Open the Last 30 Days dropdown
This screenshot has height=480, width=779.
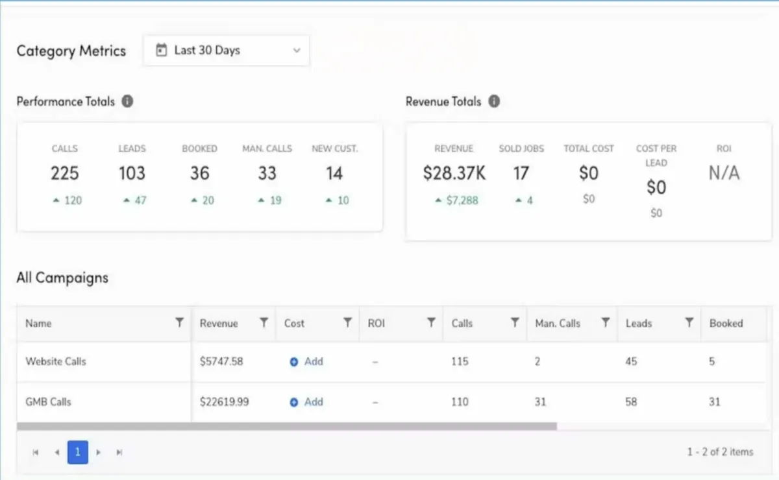coord(226,51)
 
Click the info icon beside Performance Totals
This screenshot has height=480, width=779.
coord(128,101)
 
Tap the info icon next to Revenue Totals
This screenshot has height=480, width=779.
coord(494,101)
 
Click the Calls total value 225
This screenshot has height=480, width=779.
coord(65,173)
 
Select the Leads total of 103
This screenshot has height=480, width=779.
coord(132,173)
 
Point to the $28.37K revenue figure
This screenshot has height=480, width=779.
coord(454,173)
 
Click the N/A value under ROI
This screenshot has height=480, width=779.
coord(724,173)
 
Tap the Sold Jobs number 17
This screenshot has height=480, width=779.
coord(521,173)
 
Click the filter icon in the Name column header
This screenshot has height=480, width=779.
coord(179,322)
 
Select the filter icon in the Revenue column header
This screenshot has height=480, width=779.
coord(264,322)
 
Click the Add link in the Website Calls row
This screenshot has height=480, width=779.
coord(306,361)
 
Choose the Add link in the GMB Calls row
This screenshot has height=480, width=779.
coord(306,402)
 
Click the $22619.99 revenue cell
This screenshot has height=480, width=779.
coord(225,402)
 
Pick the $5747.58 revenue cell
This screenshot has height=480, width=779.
coord(221,361)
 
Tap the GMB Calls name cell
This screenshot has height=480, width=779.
coord(48,402)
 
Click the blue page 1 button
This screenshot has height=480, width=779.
coord(77,451)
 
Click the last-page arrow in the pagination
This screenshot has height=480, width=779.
coord(119,452)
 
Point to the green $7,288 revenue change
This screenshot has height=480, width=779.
coord(456,200)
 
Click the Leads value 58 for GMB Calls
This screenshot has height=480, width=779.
coord(631,402)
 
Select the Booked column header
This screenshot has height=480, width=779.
coord(726,323)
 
